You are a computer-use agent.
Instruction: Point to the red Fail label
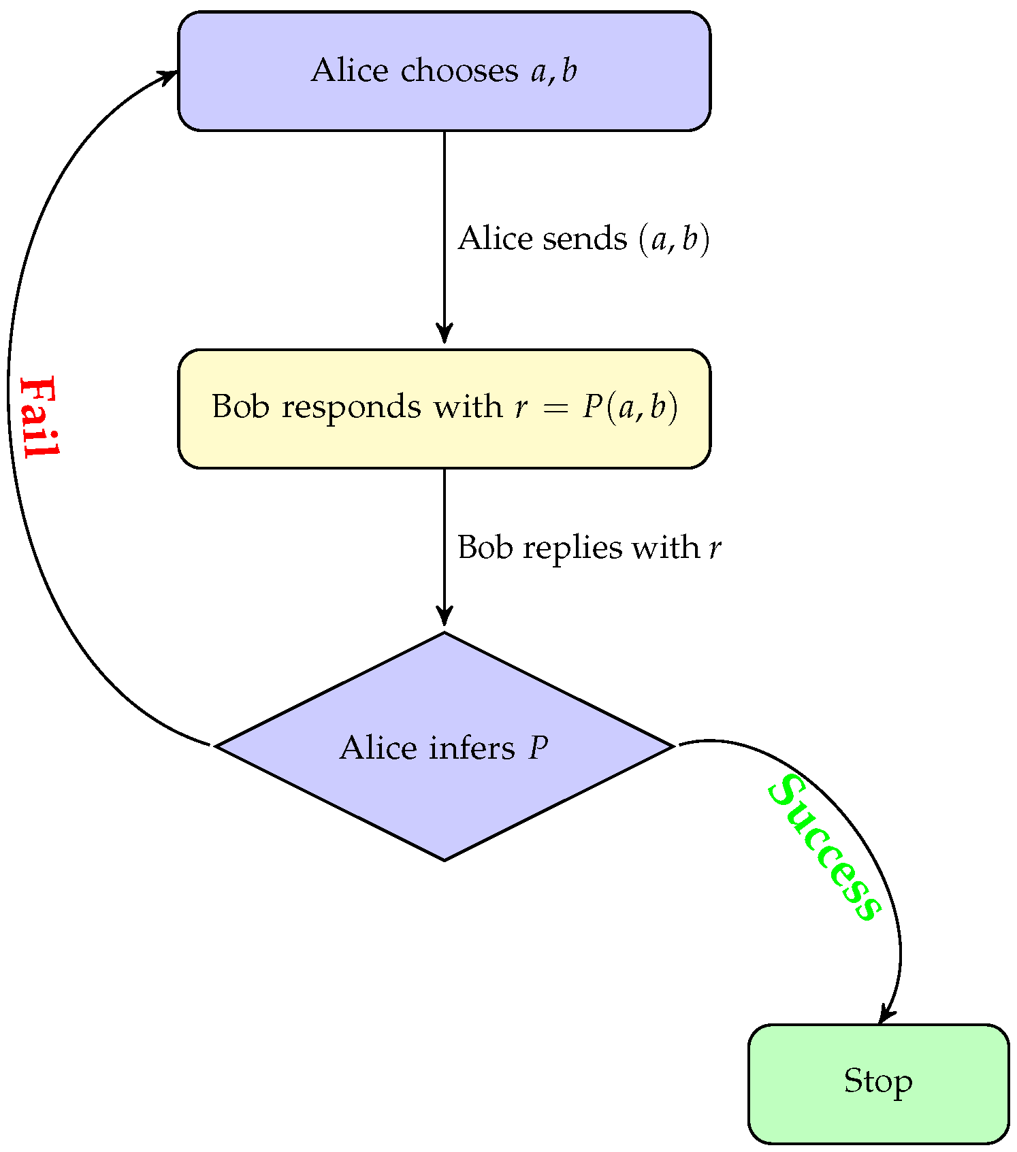coord(39,416)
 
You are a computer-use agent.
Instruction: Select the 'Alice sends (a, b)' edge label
coord(583,239)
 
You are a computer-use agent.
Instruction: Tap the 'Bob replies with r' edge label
coord(589,547)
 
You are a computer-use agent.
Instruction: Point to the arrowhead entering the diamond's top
coord(445,616)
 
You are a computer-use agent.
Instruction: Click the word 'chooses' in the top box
coord(459,71)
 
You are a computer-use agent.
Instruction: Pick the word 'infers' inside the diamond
coord(472,748)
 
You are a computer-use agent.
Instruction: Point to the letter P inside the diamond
coord(538,748)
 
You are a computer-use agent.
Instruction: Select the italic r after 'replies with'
coord(715,548)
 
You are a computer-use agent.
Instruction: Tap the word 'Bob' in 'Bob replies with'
coord(484,547)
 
